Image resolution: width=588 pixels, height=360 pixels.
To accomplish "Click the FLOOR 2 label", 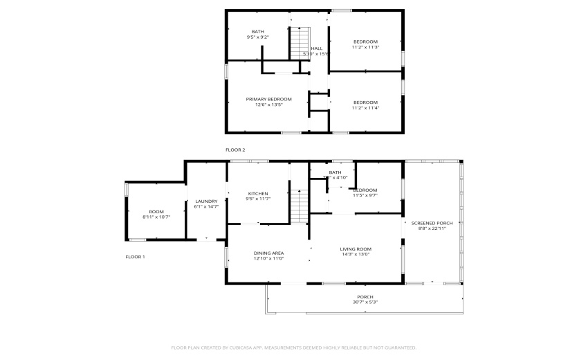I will [235, 150].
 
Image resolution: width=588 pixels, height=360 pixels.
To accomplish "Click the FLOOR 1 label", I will [135, 257].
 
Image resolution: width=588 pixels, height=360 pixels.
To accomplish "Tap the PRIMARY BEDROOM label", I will [269, 99].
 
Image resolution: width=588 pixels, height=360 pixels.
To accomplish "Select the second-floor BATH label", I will [257, 31].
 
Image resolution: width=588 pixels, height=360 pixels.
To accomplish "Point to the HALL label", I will [316, 48].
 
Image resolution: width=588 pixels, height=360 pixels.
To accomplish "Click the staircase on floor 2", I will [297, 42].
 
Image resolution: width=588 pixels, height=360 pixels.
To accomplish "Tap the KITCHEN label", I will [257, 193].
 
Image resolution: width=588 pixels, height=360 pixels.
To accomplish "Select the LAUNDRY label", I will [206, 201].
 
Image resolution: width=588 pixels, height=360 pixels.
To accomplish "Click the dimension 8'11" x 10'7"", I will [156, 217].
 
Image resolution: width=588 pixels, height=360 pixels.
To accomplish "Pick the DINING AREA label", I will [269, 253].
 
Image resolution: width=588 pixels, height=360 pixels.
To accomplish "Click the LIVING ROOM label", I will [356, 249].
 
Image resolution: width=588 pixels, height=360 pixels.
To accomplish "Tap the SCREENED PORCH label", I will [432, 223].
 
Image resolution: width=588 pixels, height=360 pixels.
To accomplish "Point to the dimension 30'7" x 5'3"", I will [365, 302].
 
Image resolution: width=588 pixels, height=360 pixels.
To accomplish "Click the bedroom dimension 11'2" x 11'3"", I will [365, 47].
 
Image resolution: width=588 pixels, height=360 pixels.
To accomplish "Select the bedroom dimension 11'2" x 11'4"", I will [365, 108].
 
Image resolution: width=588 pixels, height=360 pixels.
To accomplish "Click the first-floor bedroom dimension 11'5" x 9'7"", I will [365, 195].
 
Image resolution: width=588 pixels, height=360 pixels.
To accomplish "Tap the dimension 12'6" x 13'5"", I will [269, 105].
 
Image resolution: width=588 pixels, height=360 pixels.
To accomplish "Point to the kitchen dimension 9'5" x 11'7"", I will [257, 199].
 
